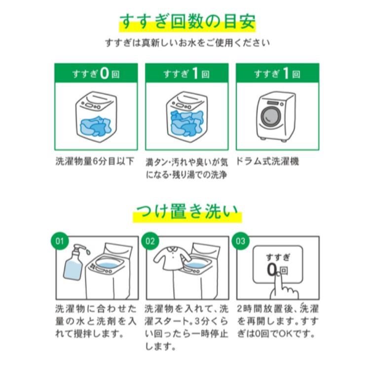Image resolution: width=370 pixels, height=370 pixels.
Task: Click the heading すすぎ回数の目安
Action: pos(187,22)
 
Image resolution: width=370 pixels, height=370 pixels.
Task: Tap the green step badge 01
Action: pos(60,241)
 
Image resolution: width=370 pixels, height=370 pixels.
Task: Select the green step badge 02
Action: pos(150,241)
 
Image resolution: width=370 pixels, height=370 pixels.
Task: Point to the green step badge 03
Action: pos(240,241)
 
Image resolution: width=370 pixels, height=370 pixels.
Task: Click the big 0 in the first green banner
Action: pos(104,73)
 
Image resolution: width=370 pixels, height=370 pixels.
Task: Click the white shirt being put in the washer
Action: pos(172,258)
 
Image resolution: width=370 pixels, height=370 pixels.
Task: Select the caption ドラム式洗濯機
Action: pos(267,161)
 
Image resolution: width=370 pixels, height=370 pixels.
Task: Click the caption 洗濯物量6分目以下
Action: pos(95,161)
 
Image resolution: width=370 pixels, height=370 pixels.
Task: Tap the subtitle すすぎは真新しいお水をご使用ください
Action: pos(187,43)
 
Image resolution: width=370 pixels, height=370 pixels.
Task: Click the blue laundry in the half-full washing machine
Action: pos(95,126)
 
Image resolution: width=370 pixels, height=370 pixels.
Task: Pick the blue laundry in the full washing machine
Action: pos(186,123)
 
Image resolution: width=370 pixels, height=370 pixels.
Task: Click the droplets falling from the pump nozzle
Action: pos(87,251)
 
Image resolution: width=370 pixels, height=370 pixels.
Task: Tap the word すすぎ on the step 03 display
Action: pos(278,257)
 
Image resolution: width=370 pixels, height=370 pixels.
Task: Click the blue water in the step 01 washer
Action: pos(108,263)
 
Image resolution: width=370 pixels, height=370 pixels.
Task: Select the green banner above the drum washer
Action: pos(277,73)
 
